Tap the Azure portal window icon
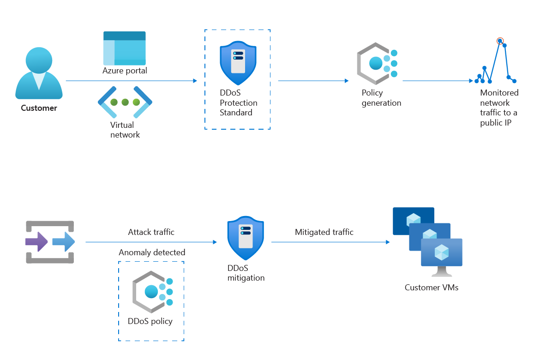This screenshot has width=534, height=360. [124, 48]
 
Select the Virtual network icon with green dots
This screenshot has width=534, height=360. [125, 102]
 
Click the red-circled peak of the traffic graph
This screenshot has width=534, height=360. [499, 41]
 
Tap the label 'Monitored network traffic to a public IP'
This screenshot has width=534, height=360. [499, 108]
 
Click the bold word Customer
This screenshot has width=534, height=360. [39, 108]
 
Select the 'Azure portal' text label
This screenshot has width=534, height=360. [125, 71]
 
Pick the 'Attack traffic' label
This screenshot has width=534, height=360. [151, 232]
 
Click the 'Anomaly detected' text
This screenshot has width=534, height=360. [152, 252]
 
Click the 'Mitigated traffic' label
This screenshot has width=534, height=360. [324, 232]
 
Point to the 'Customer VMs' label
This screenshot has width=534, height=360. [431, 288]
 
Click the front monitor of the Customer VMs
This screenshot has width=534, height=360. [441, 253]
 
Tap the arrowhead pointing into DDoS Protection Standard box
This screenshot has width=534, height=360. [195, 81]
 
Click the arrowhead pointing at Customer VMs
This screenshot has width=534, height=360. [387, 242]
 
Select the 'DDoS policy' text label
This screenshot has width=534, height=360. [150, 321]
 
